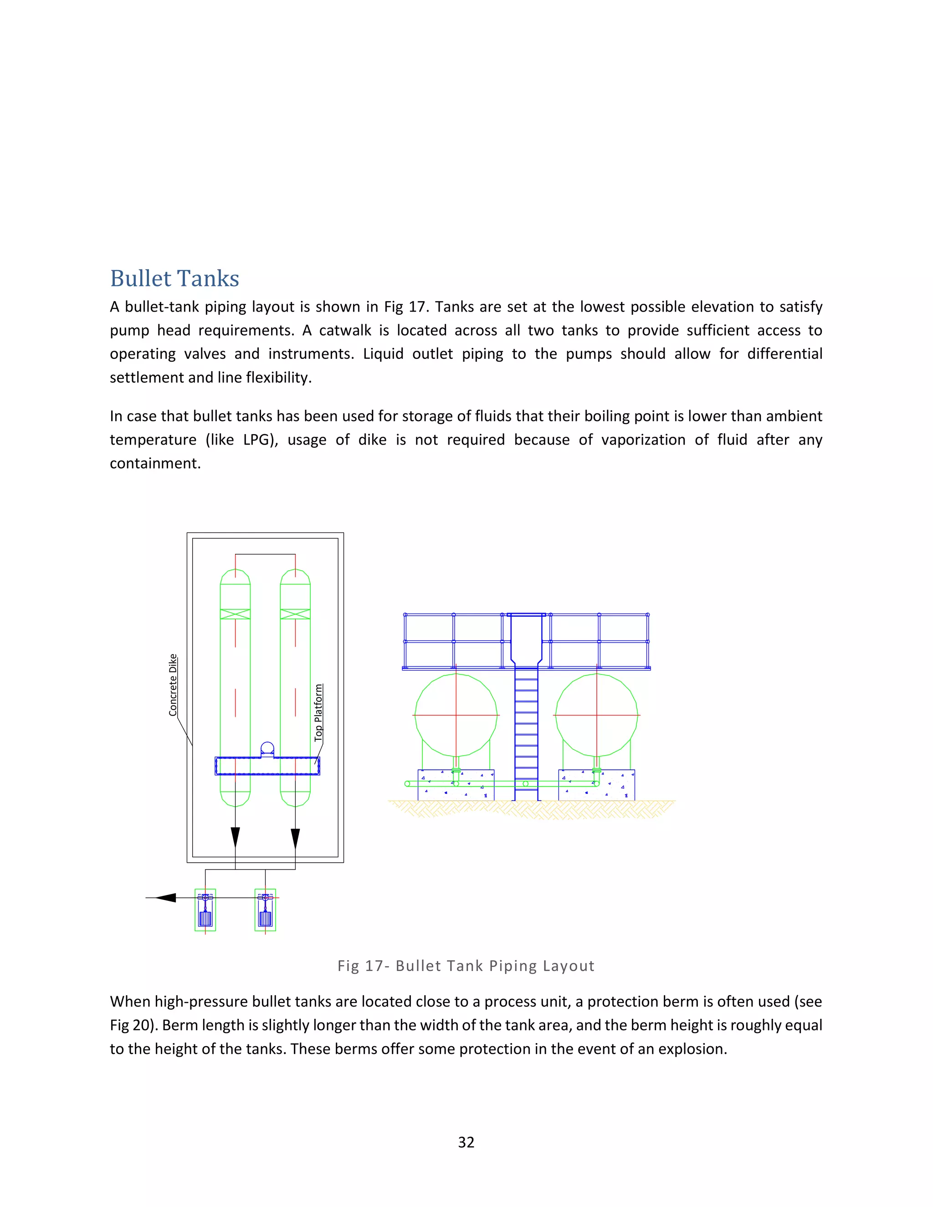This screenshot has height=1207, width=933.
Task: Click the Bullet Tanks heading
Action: point(174,279)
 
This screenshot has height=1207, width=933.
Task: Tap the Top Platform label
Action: point(318,712)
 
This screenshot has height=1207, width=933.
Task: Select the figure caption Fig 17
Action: point(466,966)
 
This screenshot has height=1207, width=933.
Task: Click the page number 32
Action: point(466,1142)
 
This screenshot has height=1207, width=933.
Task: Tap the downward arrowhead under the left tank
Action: point(236,837)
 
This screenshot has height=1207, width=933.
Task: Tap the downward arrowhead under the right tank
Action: point(295,837)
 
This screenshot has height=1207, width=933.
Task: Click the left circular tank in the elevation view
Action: point(456,715)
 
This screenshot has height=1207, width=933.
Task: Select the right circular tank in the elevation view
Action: point(596,715)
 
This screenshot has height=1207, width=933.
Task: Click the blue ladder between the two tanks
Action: point(526,735)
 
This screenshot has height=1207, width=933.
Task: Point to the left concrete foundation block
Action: point(456,785)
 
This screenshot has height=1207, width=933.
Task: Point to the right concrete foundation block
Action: point(596,785)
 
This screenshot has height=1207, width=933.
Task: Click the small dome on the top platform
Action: point(267,749)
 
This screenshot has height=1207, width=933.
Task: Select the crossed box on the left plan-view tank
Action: point(236,614)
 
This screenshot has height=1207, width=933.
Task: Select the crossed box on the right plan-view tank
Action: point(295,614)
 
